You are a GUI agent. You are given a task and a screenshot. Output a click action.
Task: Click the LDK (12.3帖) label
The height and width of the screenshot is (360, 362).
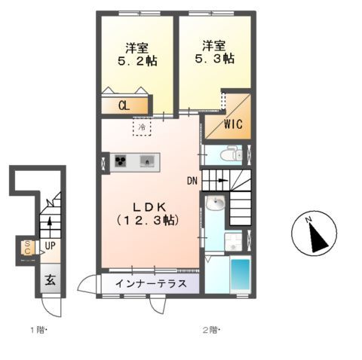point(148,213)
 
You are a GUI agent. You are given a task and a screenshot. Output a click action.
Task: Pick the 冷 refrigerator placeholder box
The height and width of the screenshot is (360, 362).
point(141,127)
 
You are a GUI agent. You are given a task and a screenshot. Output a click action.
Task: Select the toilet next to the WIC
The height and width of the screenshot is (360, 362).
point(230,155)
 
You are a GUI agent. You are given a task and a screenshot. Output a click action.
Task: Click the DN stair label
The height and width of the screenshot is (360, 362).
point(193,181)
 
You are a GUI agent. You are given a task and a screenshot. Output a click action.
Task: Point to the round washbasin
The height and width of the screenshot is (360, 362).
point(215,203)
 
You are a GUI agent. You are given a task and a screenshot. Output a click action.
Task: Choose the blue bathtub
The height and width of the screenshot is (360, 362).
point(241,276)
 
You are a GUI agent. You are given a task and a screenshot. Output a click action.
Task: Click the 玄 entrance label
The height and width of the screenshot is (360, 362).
point(48,279)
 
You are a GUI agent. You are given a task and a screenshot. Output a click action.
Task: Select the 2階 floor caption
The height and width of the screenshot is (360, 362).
point(210,330)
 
